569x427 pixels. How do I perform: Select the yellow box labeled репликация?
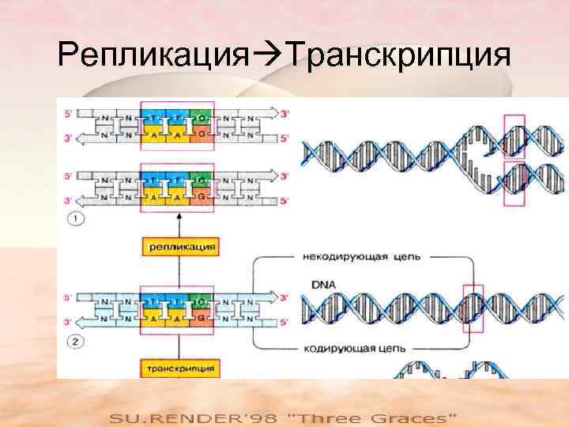point(180,248)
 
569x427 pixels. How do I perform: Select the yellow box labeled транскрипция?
point(180,368)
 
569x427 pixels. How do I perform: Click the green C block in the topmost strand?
point(202,117)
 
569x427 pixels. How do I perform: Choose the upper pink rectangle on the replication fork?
point(515,134)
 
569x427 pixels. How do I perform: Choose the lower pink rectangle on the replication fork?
point(515,185)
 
